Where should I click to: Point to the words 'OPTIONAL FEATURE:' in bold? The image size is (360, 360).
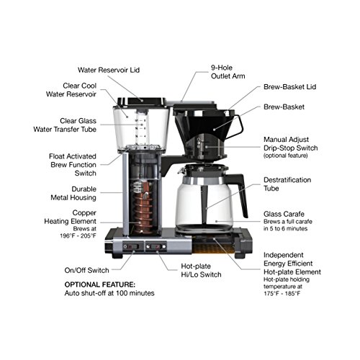coord(101,284)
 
